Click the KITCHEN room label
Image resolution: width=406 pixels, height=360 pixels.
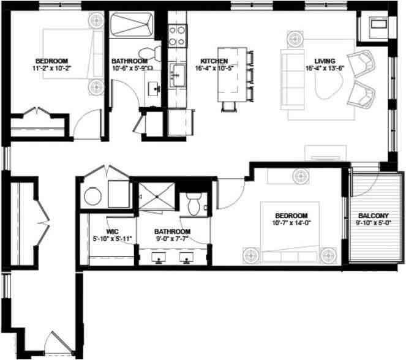214,61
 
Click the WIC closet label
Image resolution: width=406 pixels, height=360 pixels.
112,232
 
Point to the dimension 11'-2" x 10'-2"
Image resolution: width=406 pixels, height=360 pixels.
51,70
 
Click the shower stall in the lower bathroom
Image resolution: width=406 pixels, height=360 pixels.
156,197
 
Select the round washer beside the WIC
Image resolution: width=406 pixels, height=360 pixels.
92,197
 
